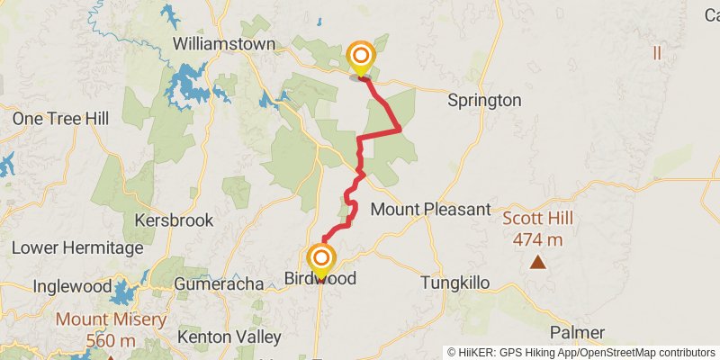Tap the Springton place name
click(484, 100)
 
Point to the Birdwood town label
click(320, 279)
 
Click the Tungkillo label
click(455, 283)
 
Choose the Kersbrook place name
click(174, 220)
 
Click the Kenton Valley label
click(229, 337)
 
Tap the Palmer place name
click(577, 333)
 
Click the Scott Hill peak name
click(537, 218)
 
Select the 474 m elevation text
click(538, 239)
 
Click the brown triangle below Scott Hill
click(538, 263)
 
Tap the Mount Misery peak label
click(111, 319)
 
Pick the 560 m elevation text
click(111, 341)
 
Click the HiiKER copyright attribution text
click(580, 352)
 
